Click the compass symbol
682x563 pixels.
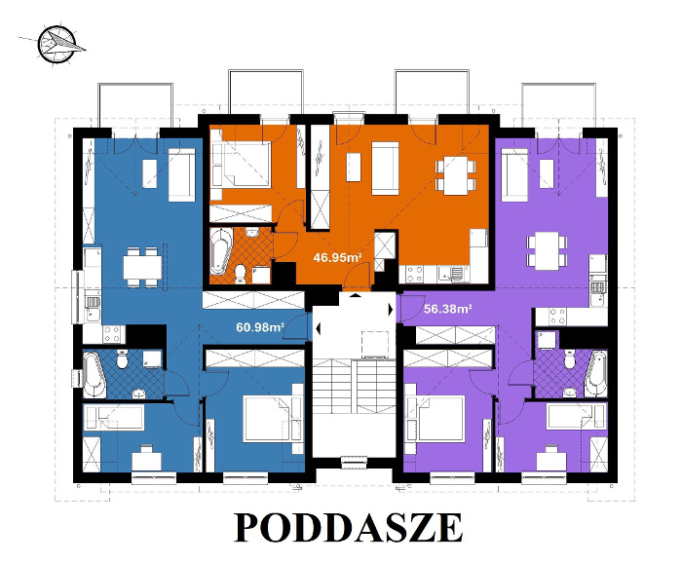tap(57, 43)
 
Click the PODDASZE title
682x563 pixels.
tap(349, 527)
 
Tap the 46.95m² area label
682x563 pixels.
tap(337, 258)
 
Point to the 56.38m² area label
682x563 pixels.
tap(448, 309)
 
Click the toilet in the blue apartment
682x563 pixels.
tap(122, 360)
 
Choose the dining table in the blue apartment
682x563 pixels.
tap(142, 262)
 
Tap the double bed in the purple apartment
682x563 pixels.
tap(436, 419)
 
